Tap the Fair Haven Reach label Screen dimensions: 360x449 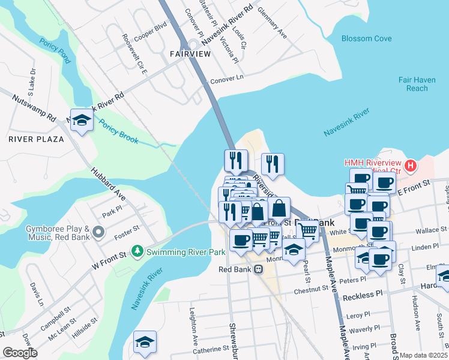tap(413, 84)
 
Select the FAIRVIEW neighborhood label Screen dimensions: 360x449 tap(190, 54)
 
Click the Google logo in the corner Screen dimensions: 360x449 tap(20, 353)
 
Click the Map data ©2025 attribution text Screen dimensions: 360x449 tap(423, 355)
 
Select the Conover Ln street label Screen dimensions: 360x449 tap(228, 77)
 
